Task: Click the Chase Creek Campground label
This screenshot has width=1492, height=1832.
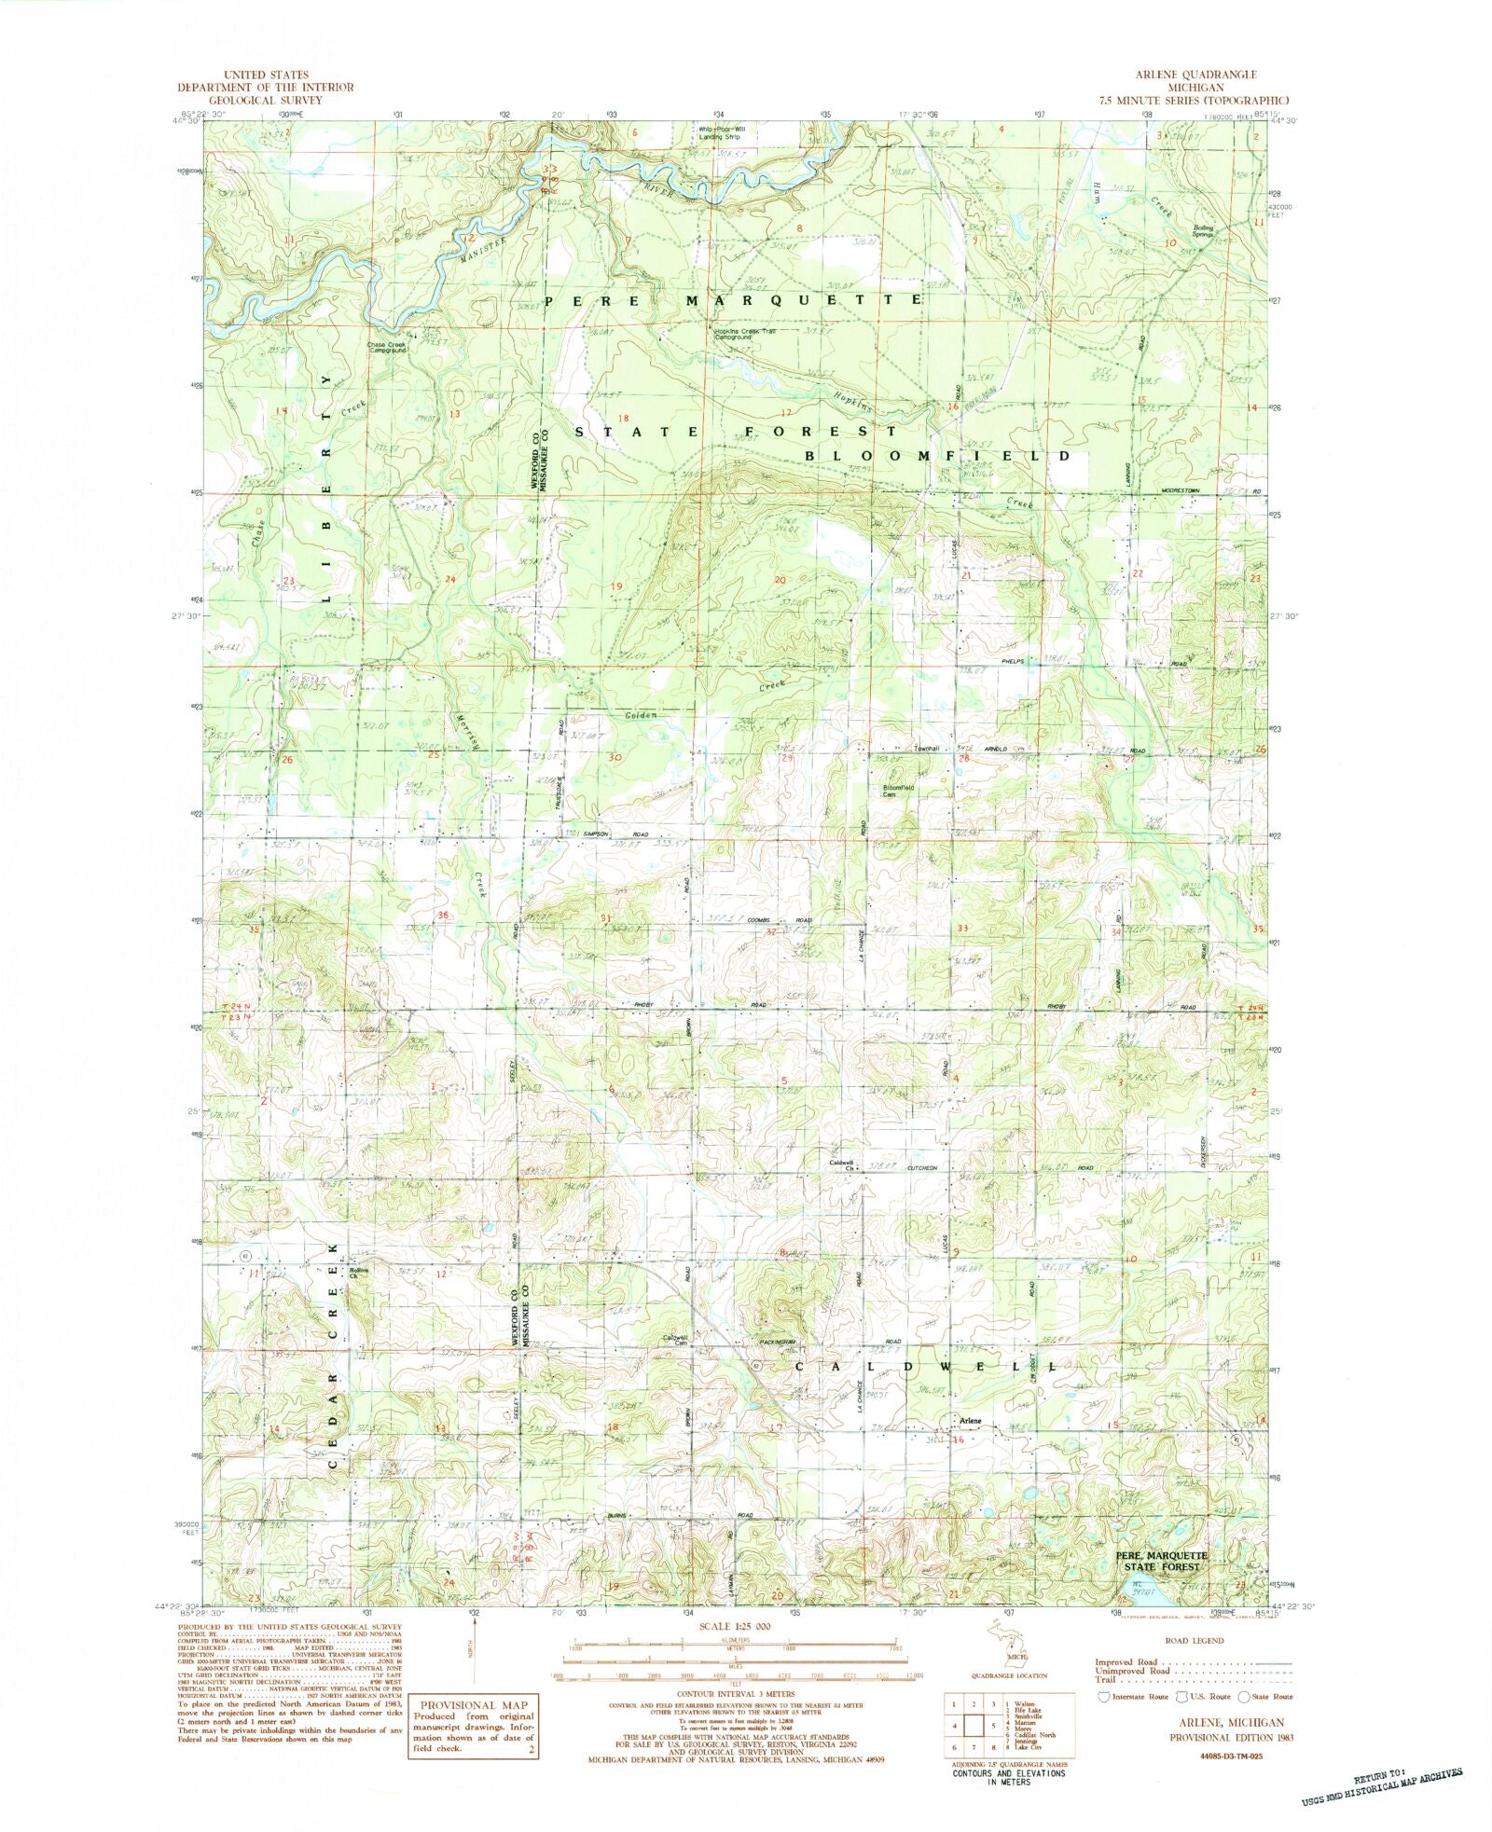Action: click(386, 347)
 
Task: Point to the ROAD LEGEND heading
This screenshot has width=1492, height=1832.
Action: click(1195, 1640)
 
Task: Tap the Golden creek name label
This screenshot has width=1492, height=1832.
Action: click(641, 716)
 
